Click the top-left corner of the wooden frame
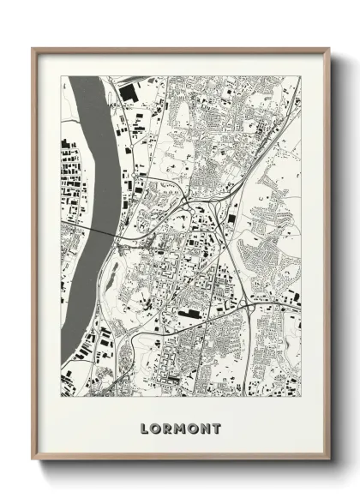(33, 49)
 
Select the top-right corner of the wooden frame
(329, 49)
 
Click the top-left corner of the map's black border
(61, 76)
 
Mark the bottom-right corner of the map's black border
(301, 397)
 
